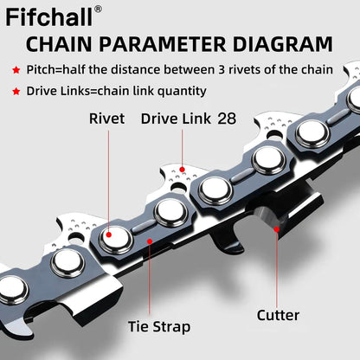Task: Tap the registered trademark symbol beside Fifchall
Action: [x=98, y=10]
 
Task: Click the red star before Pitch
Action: [x=16, y=69]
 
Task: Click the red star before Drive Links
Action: [x=16, y=91]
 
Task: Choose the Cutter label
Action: [x=277, y=315]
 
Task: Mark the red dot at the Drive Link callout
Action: [x=183, y=168]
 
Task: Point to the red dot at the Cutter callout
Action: [x=277, y=228]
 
